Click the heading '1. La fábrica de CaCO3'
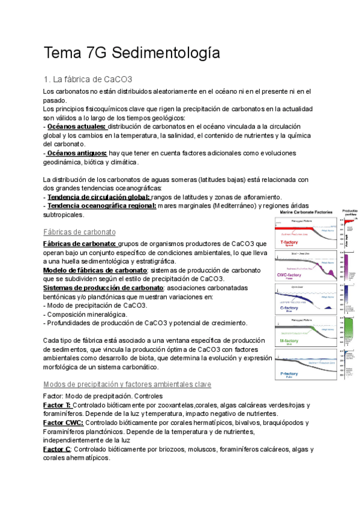coord(88,79)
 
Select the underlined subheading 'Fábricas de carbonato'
coord(80,232)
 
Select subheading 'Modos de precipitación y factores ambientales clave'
coord(127,384)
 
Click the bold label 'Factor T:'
coord(58,405)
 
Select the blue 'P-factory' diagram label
coord(289,374)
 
